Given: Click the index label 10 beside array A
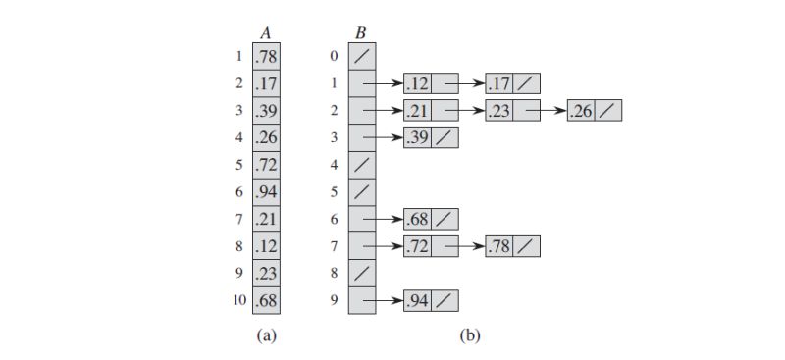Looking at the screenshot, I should (x=239, y=298).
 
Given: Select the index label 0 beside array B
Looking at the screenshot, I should (x=336, y=57).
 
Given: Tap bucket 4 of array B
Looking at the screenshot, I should (x=361, y=165).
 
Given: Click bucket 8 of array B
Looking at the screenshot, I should (x=361, y=272).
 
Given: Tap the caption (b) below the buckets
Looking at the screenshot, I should (x=470, y=335).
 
